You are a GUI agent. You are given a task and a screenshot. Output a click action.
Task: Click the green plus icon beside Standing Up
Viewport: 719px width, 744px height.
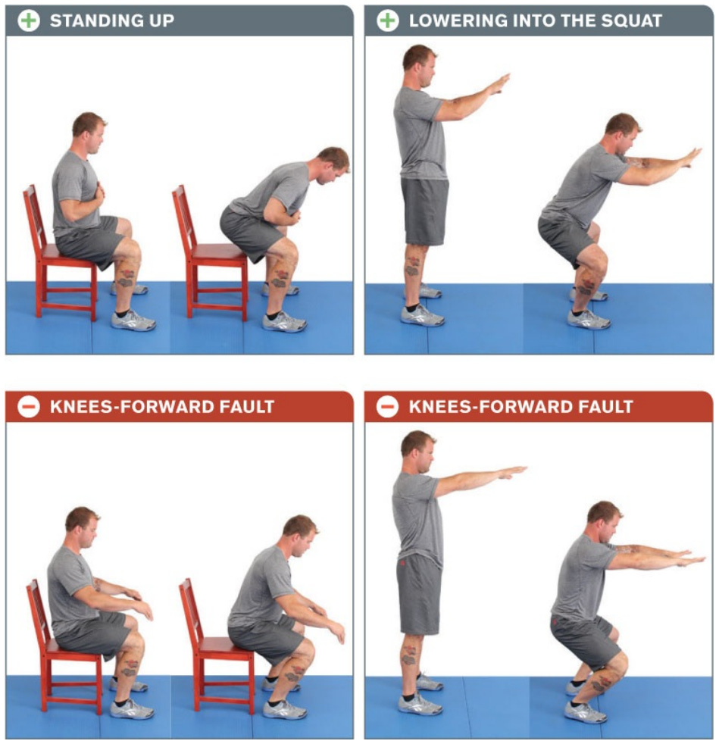coord(29,21)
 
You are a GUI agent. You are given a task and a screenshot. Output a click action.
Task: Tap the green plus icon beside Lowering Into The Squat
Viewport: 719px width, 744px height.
coord(387,21)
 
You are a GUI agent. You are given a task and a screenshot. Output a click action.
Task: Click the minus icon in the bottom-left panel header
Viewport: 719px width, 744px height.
coord(29,407)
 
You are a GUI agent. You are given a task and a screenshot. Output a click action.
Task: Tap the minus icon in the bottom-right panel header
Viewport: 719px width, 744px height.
coord(387,407)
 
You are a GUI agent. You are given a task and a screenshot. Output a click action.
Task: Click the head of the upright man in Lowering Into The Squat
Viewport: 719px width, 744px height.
coord(419,65)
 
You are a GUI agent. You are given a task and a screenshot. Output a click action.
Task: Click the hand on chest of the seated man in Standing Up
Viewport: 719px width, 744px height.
coord(101,192)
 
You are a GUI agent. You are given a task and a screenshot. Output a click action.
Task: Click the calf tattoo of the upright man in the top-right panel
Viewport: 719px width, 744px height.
coord(412,266)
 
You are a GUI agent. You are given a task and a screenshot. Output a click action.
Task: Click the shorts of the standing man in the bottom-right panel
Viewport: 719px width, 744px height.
coord(419,595)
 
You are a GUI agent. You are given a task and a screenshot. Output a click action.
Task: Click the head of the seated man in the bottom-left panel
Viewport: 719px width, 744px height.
coord(82,527)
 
